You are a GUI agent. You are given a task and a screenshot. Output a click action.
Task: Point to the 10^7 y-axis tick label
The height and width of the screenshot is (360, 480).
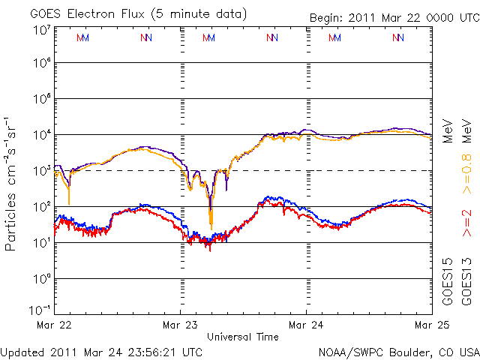pyautogui.click(x=41, y=29)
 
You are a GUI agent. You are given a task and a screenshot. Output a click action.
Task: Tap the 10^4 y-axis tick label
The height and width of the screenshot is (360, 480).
pyautogui.click(x=41, y=135)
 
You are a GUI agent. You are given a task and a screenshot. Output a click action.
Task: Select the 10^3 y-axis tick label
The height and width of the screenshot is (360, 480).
pyautogui.click(x=41, y=171)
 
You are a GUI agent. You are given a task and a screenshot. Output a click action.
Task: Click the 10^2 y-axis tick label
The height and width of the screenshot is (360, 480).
pyautogui.click(x=41, y=207)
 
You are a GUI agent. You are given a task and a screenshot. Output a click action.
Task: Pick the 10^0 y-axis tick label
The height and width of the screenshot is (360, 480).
pyautogui.click(x=41, y=279)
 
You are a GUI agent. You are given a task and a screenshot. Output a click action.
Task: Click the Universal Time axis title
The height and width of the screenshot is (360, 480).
pyautogui.click(x=243, y=337)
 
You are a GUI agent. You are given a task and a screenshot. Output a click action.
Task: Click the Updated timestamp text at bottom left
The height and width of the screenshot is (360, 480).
pyautogui.click(x=102, y=351)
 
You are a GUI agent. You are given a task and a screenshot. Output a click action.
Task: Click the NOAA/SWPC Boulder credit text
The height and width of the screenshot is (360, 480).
pyautogui.click(x=398, y=351)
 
